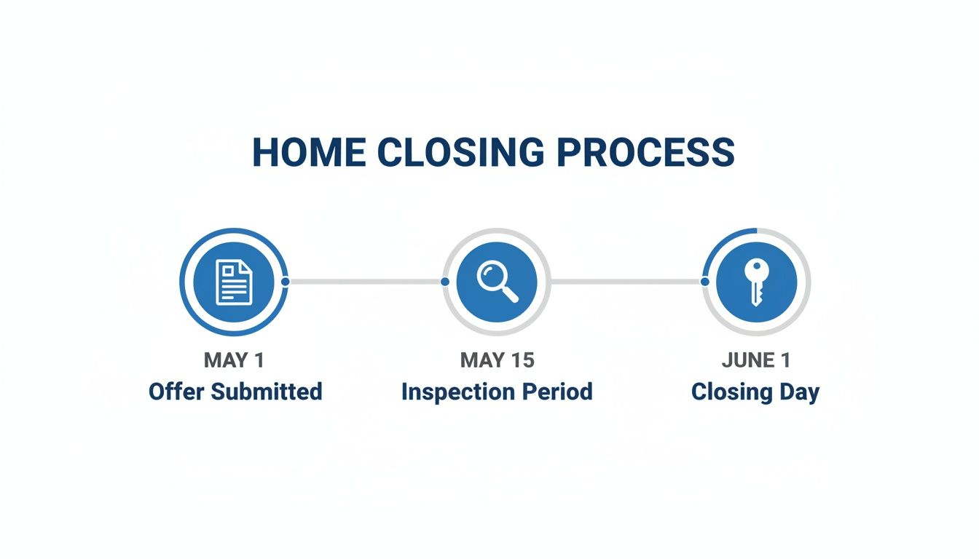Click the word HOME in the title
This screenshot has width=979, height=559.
[309, 153]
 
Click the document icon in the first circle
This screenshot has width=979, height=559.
[234, 282]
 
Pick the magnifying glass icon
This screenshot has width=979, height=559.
[497, 282]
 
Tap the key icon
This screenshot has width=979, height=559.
[755, 282]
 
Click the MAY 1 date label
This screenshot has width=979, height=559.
[235, 360]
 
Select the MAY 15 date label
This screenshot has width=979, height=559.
[497, 360]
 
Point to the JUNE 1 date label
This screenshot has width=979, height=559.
[755, 360]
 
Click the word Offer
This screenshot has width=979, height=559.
[175, 392]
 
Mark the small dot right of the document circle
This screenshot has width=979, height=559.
[285, 281]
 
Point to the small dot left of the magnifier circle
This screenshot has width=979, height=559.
[445, 281]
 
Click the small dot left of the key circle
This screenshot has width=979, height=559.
[704, 281]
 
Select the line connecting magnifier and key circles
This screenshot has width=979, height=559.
[626, 281]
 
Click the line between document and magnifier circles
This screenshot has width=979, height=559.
[364, 281]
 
